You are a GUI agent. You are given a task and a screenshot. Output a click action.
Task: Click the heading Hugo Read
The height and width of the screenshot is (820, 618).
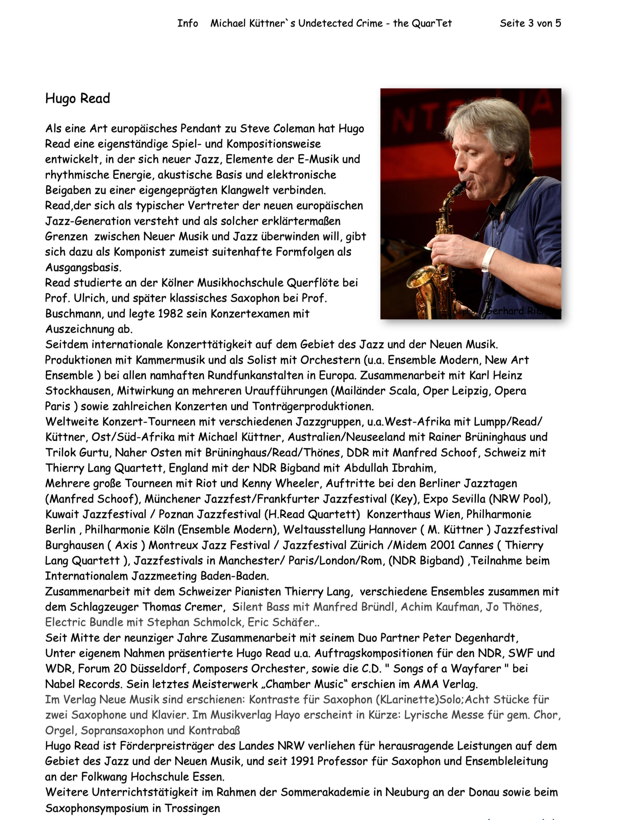[x=78, y=99]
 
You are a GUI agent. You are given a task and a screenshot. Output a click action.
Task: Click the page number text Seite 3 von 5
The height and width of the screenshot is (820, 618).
[x=530, y=23]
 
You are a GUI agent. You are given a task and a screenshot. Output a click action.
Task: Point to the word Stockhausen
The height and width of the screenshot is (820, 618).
[x=78, y=391]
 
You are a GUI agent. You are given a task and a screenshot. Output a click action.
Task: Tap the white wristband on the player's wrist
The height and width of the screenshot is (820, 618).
[x=489, y=258]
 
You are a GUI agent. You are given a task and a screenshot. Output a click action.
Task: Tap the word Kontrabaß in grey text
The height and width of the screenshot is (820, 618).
[x=214, y=730]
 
